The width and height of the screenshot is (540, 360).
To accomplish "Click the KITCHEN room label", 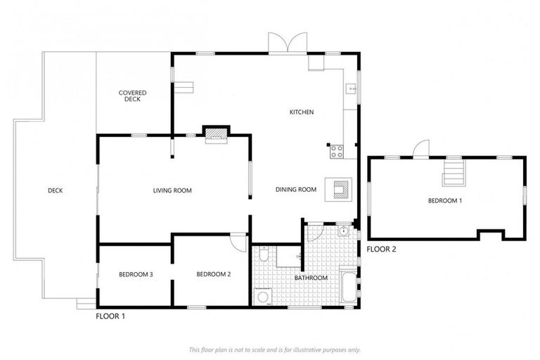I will (x=302, y=112).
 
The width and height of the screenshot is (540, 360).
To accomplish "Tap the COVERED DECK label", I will (x=133, y=96).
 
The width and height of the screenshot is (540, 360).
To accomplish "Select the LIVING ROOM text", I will (x=173, y=191).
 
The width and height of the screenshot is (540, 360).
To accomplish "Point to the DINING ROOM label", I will (x=295, y=189).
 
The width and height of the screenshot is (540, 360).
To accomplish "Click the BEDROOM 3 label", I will (x=136, y=274).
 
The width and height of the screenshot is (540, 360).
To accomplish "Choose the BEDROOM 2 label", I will (x=214, y=274).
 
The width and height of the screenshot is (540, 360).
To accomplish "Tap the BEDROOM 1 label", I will (x=445, y=201).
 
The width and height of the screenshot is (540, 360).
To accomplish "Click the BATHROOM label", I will (x=311, y=278).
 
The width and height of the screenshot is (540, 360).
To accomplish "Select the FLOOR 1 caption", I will (x=110, y=317).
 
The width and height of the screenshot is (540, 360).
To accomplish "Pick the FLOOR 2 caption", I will (x=382, y=249).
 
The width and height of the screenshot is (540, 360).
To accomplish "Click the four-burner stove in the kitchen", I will (x=336, y=149).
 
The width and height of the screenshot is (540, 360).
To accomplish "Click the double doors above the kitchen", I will (x=287, y=42).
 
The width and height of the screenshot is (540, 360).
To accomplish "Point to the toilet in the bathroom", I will (x=262, y=257).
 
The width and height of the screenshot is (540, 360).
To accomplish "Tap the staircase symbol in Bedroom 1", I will (x=453, y=173).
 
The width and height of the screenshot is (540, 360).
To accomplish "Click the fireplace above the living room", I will (x=216, y=134).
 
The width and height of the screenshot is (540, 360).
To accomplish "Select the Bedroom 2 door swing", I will (x=238, y=240).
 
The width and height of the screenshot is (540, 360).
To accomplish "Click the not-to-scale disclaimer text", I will (x=275, y=349).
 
